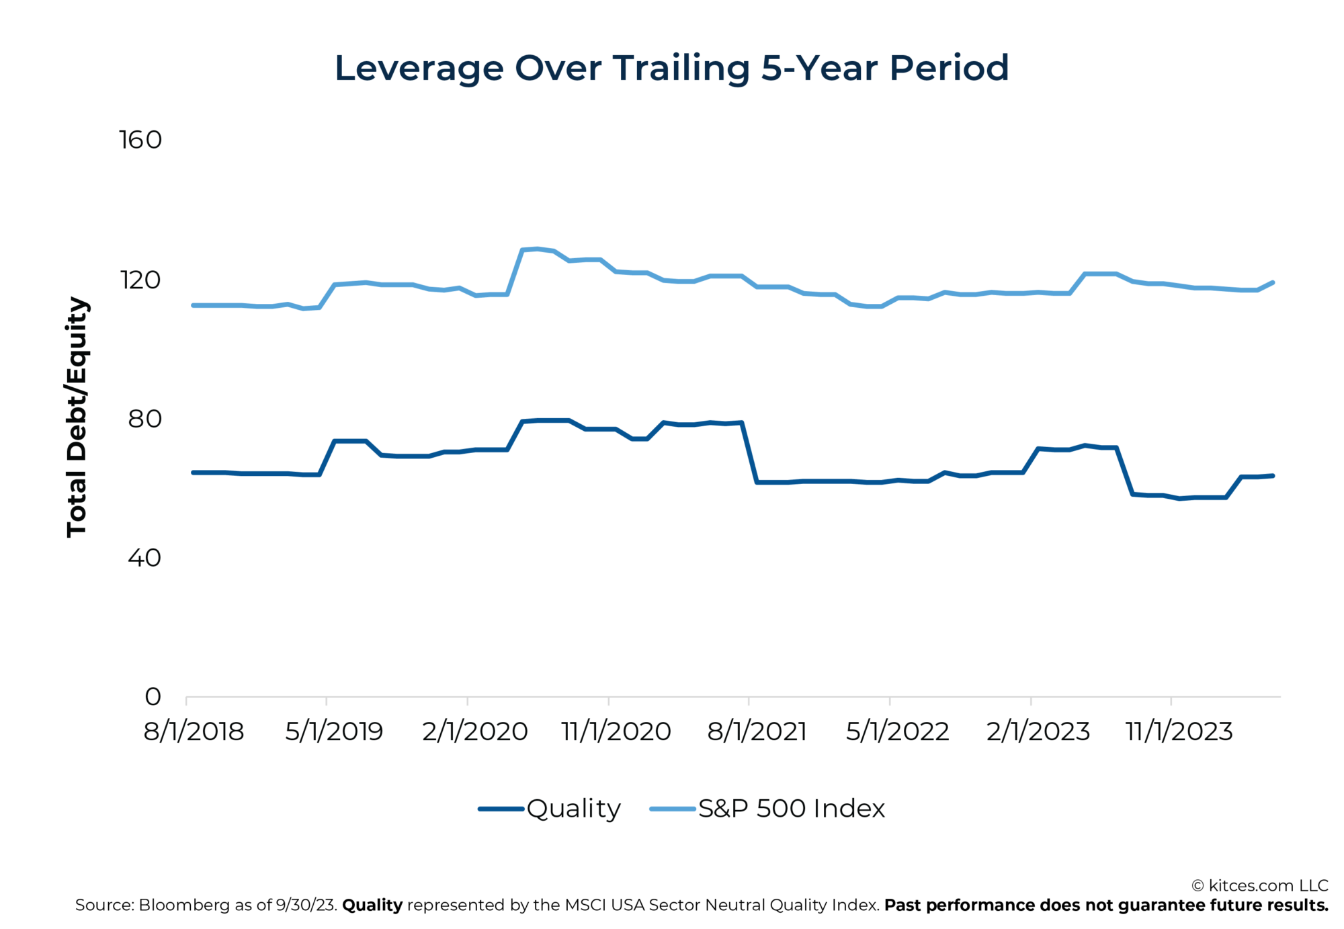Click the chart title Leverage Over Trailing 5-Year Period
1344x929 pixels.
tap(671, 69)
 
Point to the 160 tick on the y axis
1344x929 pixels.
tap(140, 140)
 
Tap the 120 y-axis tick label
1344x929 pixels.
tap(140, 280)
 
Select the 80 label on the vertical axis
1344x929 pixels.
tap(144, 419)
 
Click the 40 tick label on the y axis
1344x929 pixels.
tap(144, 557)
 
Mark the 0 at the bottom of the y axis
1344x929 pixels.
tap(153, 696)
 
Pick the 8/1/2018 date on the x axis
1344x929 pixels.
tap(194, 731)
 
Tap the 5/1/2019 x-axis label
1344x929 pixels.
tap(334, 731)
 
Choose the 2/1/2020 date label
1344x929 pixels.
tap(475, 731)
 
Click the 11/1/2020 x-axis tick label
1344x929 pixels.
tap(616, 731)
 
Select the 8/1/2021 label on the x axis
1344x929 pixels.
tap(757, 731)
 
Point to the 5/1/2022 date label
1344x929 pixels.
tap(897, 731)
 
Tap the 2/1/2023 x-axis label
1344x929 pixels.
tap(1038, 731)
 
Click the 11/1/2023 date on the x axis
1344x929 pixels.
tap(1179, 731)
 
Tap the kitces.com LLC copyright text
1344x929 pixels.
tap(1259, 885)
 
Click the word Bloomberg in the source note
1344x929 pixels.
tap(183, 905)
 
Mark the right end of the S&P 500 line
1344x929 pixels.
tap(1273, 282)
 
